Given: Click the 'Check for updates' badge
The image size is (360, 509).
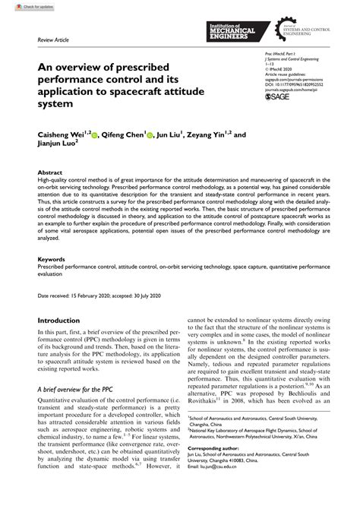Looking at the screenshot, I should [23, 5].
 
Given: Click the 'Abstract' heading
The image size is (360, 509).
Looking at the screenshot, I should [51, 172].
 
